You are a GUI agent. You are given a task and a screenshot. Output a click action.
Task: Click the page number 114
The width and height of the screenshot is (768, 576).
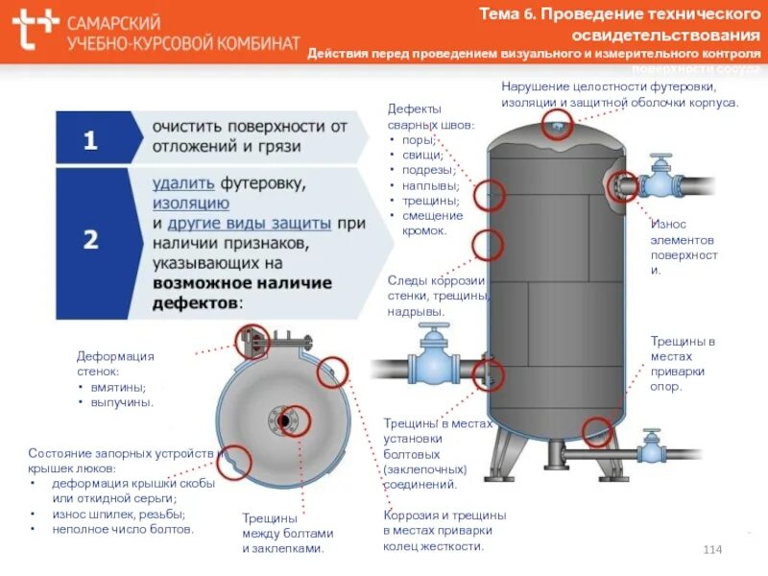(712, 548)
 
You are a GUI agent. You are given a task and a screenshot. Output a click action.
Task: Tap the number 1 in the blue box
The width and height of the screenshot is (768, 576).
(90, 141)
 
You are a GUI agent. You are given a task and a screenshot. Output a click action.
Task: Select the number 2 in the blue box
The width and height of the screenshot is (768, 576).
(90, 239)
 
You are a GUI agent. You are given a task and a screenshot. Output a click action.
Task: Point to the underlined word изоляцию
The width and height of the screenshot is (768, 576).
(191, 203)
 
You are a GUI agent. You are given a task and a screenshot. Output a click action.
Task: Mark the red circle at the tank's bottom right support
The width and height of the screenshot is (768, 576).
(597, 431)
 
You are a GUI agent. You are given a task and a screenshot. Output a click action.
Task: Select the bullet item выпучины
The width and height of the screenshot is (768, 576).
(122, 402)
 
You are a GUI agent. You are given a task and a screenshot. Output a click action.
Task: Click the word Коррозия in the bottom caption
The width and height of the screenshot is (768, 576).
(411, 515)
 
